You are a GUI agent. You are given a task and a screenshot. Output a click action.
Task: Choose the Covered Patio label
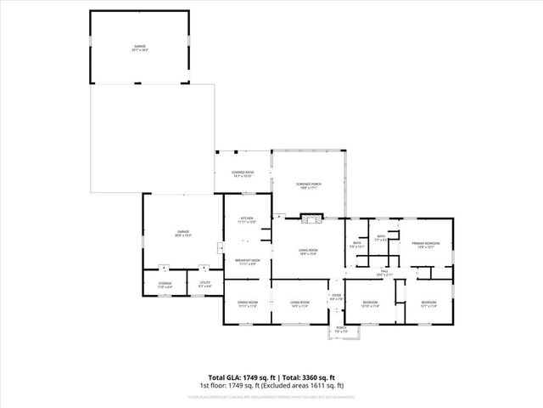point(243,174)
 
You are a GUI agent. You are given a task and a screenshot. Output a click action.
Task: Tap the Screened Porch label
point(309,186)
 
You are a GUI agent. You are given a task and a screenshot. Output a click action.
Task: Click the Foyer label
point(336,297)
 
